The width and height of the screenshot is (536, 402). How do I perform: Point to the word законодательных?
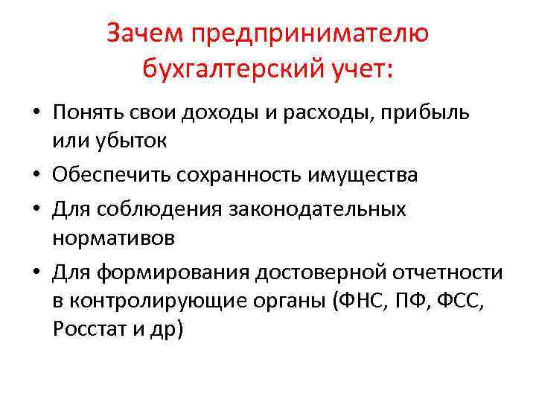coord(322,208)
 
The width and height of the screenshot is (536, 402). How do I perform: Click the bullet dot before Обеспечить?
coord(36,176)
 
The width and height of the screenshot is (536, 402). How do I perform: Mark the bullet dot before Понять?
coord(36,113)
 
